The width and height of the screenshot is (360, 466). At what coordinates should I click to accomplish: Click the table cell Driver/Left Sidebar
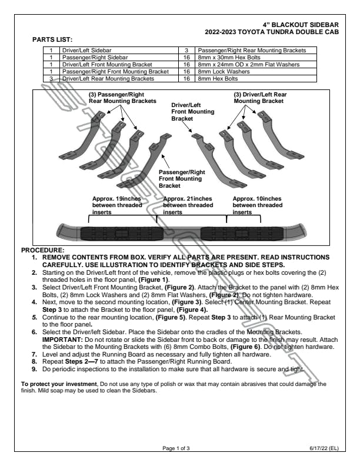[88, 51]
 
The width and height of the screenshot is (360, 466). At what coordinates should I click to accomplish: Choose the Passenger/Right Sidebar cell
[92, 58]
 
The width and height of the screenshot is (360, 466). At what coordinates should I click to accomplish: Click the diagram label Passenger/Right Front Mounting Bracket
[181, 178]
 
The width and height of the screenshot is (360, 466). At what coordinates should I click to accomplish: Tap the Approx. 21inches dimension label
[188, 205]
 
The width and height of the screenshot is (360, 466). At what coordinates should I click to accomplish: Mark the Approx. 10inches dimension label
[257, 205]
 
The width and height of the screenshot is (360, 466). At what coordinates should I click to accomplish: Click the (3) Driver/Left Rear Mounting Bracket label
[260, 97]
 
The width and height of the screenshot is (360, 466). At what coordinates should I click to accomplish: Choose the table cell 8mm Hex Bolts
[218, 77]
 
